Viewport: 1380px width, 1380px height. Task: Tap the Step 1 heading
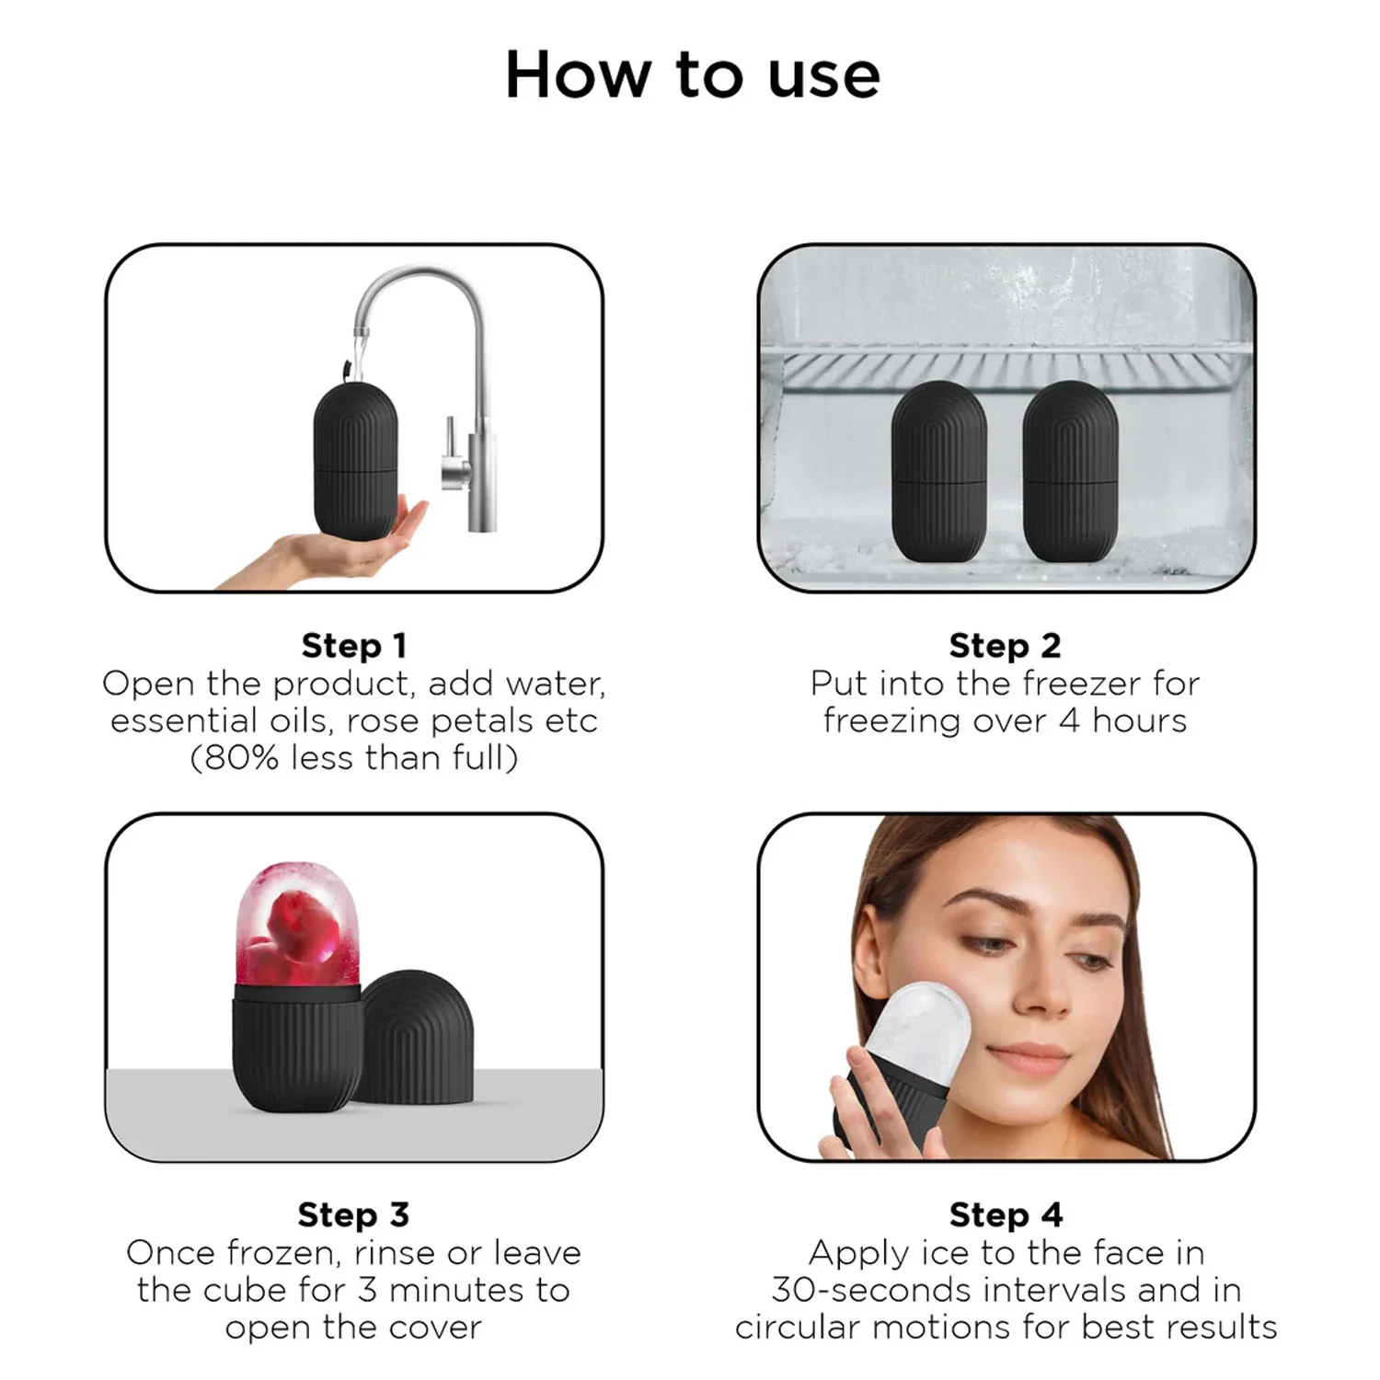pos(354,646)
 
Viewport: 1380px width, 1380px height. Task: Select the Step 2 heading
pos(1005,646)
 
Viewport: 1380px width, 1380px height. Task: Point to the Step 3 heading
pos(353,1214)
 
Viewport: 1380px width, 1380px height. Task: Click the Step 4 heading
pos(1006,1214)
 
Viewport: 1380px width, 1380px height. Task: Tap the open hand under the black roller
pos(340,547)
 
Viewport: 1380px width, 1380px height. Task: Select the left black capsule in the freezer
pos(939,471)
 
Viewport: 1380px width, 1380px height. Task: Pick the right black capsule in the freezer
pos(1070,471)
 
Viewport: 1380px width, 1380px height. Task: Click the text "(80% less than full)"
pos(354,758)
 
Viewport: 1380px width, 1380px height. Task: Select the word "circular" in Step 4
pos(798,1328)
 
